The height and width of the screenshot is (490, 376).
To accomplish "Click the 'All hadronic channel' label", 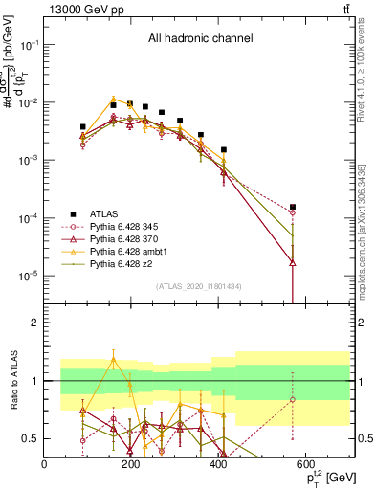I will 200,39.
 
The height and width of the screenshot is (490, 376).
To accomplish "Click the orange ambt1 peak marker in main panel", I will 114,99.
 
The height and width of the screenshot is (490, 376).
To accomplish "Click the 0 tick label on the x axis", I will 44,464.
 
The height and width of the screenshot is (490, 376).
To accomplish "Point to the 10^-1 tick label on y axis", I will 30,45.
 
